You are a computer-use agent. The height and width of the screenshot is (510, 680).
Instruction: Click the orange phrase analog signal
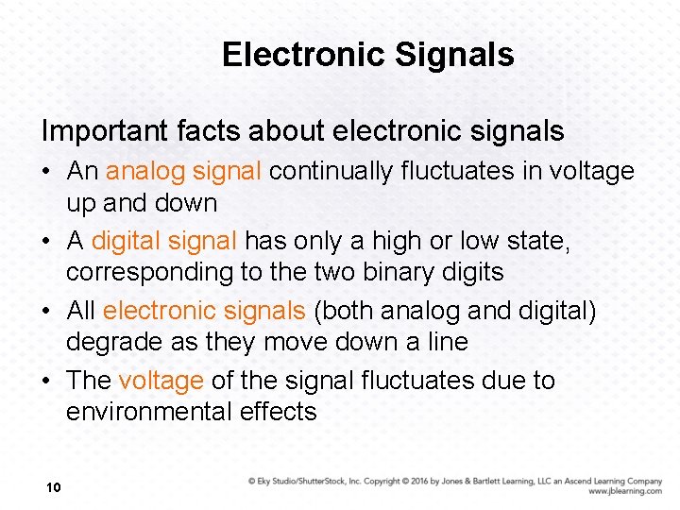[183, 171]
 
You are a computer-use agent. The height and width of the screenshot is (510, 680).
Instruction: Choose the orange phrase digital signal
[163, 241]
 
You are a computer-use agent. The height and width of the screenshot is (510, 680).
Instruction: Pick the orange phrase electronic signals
[204, 311]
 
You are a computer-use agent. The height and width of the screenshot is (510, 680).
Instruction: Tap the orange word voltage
[161, 381]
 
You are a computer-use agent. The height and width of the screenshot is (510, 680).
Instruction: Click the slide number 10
[53, 487]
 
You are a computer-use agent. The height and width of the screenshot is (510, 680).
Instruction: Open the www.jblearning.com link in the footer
[624, 491]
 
